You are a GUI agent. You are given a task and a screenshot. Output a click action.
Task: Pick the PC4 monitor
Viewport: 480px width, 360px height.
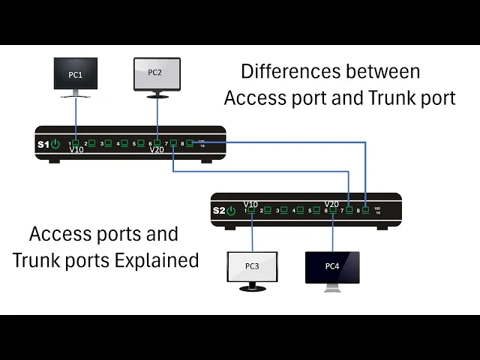(332, 267)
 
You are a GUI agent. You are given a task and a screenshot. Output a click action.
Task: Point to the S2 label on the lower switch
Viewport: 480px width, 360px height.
(218, 211)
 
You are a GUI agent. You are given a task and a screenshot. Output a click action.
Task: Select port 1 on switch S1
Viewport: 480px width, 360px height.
(76, 142)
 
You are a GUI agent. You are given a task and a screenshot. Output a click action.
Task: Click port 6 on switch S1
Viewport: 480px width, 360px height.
(157, 142)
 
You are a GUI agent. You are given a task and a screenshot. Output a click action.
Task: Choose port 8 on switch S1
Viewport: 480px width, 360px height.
(190, 142)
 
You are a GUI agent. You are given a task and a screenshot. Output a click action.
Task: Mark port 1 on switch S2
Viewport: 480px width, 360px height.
(251, 210)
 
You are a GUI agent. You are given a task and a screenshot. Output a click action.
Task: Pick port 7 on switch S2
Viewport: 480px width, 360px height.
(349, 210)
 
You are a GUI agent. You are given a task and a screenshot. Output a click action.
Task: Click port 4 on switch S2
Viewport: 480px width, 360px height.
(300, 210)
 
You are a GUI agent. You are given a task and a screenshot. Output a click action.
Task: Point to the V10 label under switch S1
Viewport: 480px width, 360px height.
(76, 150)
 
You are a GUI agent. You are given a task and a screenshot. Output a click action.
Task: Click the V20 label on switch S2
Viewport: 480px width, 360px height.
(331, 203)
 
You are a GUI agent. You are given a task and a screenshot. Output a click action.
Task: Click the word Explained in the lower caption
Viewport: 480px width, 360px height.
(157, 260)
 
